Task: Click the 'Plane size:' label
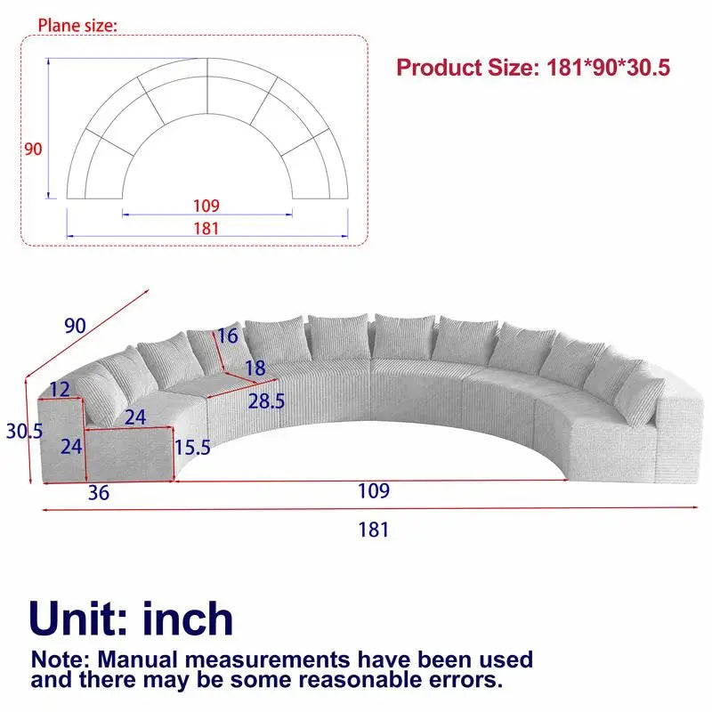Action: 77,25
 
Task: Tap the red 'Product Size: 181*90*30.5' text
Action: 532,68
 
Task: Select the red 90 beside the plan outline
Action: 33,149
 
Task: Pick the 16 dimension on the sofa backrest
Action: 227,336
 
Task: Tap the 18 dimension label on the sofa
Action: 256,367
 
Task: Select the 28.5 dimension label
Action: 267,401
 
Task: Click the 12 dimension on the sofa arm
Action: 60,389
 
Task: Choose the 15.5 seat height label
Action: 193,447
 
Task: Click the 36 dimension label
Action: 99,492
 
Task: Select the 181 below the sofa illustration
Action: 374,530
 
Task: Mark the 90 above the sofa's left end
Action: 75,326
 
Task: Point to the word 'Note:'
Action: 61,660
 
